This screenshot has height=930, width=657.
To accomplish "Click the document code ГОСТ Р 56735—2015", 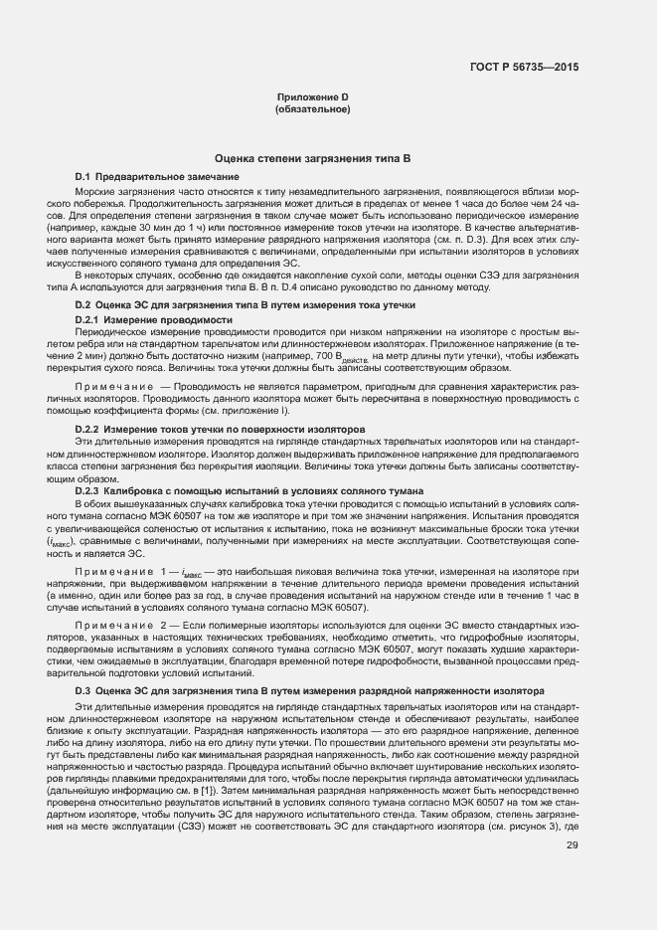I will (524, 67).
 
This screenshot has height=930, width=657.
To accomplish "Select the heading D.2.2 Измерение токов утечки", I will (221, 428).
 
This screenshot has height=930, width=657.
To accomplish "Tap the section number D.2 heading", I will (82, 304).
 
